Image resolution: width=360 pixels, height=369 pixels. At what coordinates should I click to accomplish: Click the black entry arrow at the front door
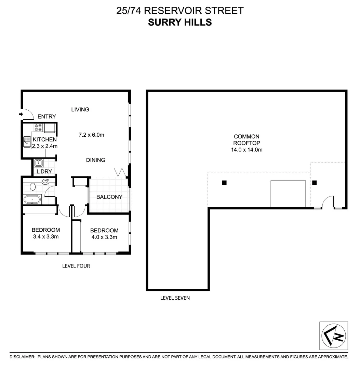coord(21,114)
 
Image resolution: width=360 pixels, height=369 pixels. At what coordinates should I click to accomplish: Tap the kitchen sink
coord(27,141)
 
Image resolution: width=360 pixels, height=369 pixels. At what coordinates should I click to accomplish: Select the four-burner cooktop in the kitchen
coord(38,128)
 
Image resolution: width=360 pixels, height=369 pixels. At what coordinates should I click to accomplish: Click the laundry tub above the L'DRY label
coord(38,163)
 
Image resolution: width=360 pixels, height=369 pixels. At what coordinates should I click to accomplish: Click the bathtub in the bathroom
coord(32,199)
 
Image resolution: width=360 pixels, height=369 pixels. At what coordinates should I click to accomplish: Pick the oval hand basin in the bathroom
coord(45,181)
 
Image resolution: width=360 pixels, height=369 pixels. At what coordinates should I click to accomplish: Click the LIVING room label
coord(80,110)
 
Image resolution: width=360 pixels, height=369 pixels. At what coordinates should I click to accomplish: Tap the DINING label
coord(95,160)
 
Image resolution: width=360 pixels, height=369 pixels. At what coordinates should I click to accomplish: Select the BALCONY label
coord(109,197)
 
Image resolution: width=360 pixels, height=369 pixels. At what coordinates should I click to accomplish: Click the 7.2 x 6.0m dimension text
coord(91,135)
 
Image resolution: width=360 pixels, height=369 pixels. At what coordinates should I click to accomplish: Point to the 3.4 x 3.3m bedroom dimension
coord(45,236)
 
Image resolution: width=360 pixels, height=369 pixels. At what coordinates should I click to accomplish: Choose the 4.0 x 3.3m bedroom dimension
coord(104,237)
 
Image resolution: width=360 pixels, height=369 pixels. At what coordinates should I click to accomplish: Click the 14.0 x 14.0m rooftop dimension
coord(246,149)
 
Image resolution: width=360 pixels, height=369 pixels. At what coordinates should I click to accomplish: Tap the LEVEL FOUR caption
coord(76,266)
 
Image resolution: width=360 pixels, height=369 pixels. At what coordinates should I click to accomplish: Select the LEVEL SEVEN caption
coord(175,298)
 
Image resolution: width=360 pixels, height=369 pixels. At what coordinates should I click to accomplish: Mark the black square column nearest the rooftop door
coord(315,182)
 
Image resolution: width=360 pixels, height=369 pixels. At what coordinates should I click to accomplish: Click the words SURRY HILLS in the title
coord(180,22)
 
